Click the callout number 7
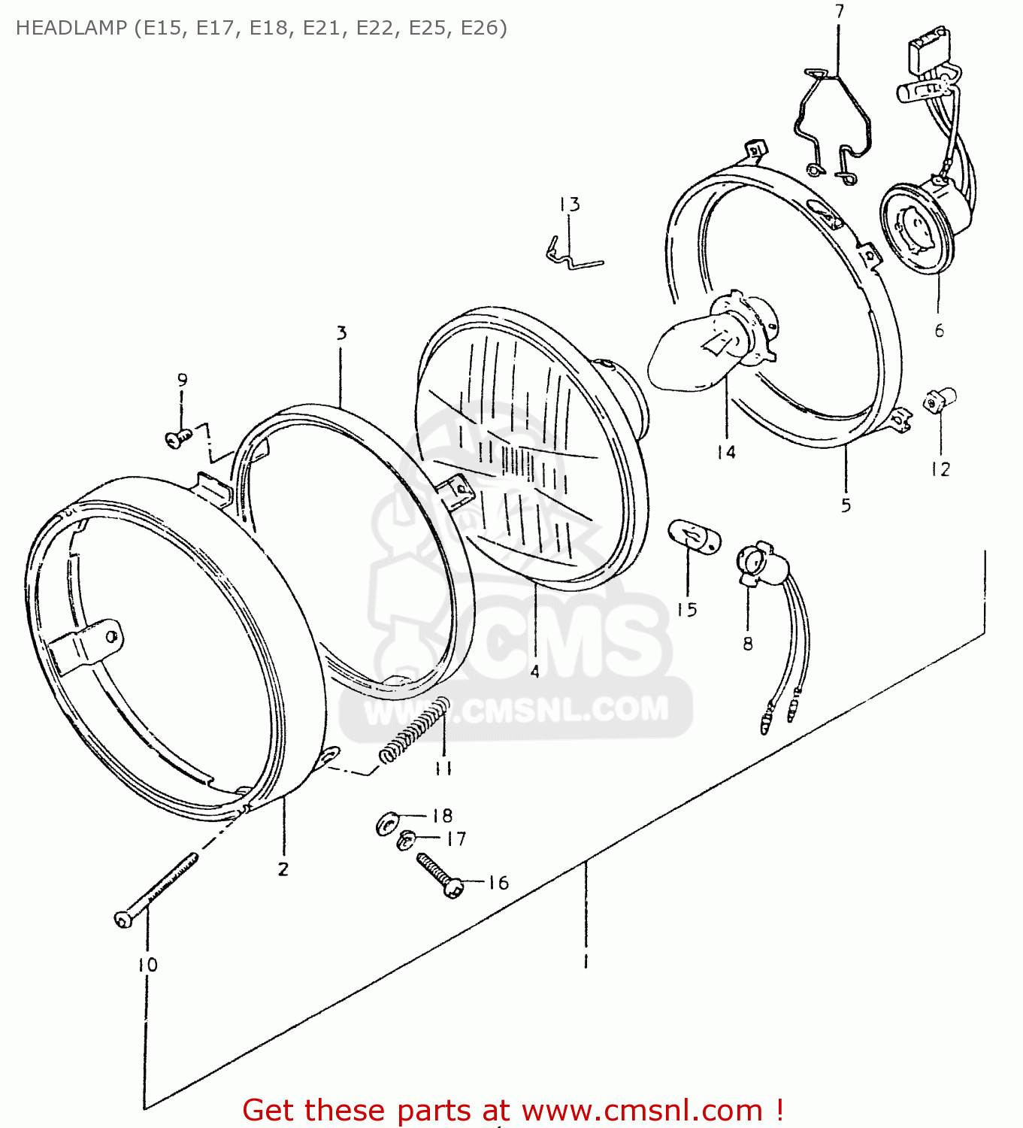pyautogui.click(x=840, y=11)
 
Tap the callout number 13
pyautogui.click(x=569, y=205)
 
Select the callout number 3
pyautogui.click(x=342, y=333)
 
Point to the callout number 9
pyautogui.click(x=182, y=381)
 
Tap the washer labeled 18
pyautogui.click(x=386, y=824)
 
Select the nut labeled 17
pyautogui.click(x=407, y=839)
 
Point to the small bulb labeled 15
pyautogui.click(x=694, y=536)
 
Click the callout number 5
pyautogui.click(x=846, y=505)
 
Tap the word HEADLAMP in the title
pyautogui.click(x=71, y=28)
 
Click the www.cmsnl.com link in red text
pyautogui.click(x=642, y=1110)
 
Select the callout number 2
pyautogui.click(x=283, y=869)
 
